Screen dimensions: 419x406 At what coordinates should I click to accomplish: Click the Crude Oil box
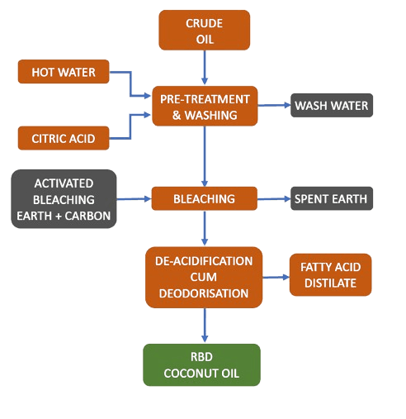point(205,30)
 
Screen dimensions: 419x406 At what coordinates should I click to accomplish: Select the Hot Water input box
point(64,73)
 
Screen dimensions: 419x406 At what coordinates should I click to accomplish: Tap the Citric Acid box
point(64,137)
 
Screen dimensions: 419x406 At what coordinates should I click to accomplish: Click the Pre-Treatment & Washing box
point(205,106)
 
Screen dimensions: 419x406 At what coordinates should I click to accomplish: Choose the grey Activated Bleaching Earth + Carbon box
point(63,200)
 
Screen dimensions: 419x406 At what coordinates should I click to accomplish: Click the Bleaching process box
point(205,199)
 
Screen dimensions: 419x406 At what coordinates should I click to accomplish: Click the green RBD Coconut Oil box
point(201,364)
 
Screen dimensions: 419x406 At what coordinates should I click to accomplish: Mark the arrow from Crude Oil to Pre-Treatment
point(205,68)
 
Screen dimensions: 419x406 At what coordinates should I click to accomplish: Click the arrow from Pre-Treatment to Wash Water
point(273,106)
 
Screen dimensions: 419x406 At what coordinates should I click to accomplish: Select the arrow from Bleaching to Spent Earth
point(273,199)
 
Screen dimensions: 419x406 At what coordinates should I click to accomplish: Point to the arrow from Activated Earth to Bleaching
point(133,199)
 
